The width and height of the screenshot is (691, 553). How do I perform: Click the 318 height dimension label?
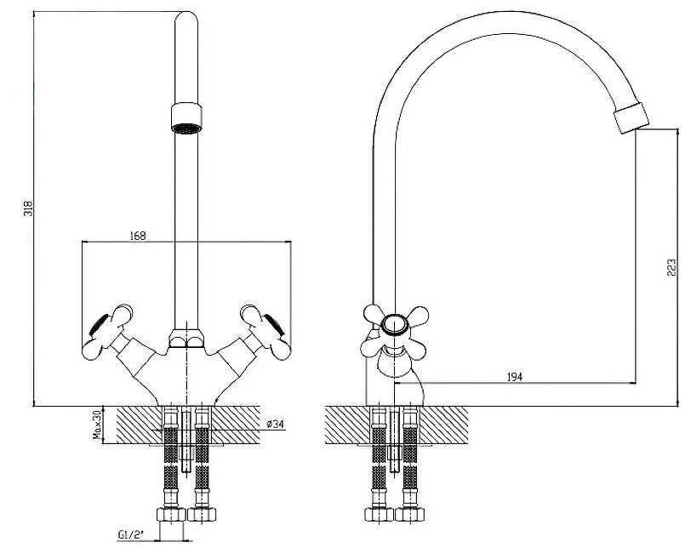28,208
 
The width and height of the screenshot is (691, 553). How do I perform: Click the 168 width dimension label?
138,236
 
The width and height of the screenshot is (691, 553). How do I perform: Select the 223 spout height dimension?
671,267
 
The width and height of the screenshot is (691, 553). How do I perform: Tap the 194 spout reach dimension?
514,377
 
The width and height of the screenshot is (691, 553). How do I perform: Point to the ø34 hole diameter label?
275,425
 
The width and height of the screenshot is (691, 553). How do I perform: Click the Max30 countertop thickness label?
97,425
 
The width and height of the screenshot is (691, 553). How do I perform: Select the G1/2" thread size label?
131,535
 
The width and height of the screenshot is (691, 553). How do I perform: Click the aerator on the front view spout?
186,117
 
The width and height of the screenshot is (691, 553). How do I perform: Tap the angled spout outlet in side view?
631,117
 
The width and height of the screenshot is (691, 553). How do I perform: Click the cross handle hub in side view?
395,325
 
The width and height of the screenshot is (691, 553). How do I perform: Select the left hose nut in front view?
171,514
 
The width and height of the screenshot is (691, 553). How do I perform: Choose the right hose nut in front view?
202,514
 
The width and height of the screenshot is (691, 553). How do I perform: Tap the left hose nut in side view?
380,514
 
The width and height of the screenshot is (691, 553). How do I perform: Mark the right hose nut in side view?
410,514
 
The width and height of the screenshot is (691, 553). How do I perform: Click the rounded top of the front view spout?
186,18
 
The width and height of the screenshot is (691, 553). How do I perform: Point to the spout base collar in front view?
187,338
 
